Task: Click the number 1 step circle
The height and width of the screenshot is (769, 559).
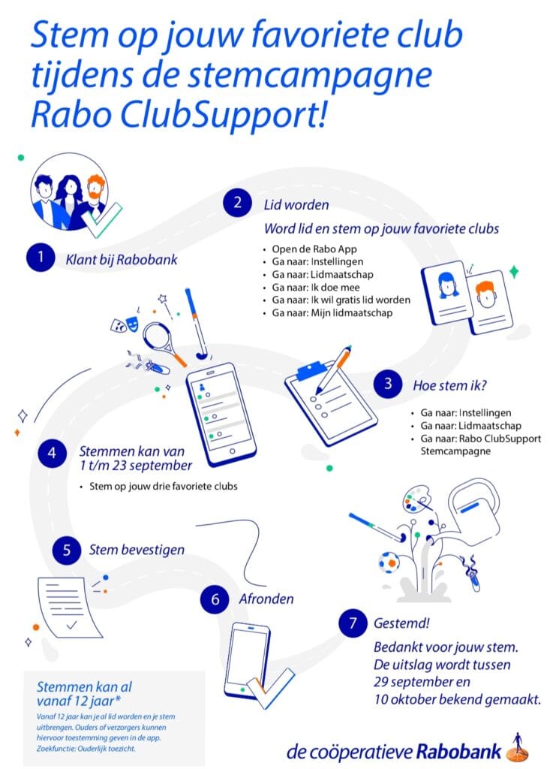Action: coord(41,257)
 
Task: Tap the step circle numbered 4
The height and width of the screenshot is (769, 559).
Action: coord(52,453)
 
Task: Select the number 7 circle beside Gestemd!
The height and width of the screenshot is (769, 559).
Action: coord(353,623)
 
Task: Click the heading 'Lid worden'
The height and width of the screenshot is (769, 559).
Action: coord(296,204)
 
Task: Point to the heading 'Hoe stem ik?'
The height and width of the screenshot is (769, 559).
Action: coord(449,385)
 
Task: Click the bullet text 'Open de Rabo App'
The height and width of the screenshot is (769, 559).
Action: coord(314,249)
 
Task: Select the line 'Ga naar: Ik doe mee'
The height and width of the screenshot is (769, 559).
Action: coord(316,288)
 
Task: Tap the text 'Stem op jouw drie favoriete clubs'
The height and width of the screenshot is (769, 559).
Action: coord(163,487)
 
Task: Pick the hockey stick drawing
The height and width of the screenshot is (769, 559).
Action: coord(196,324)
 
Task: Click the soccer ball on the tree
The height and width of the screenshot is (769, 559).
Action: coord(389,562)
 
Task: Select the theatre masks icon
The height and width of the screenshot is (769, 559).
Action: coord(125,323)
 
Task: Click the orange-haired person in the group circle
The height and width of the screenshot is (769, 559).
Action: coord(96,195)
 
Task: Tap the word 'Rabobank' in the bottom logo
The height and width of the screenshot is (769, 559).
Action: coord(458,751)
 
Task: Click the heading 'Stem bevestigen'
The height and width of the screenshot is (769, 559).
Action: coord(137,550)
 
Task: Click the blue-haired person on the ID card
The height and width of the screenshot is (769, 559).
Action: coord(448,285)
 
